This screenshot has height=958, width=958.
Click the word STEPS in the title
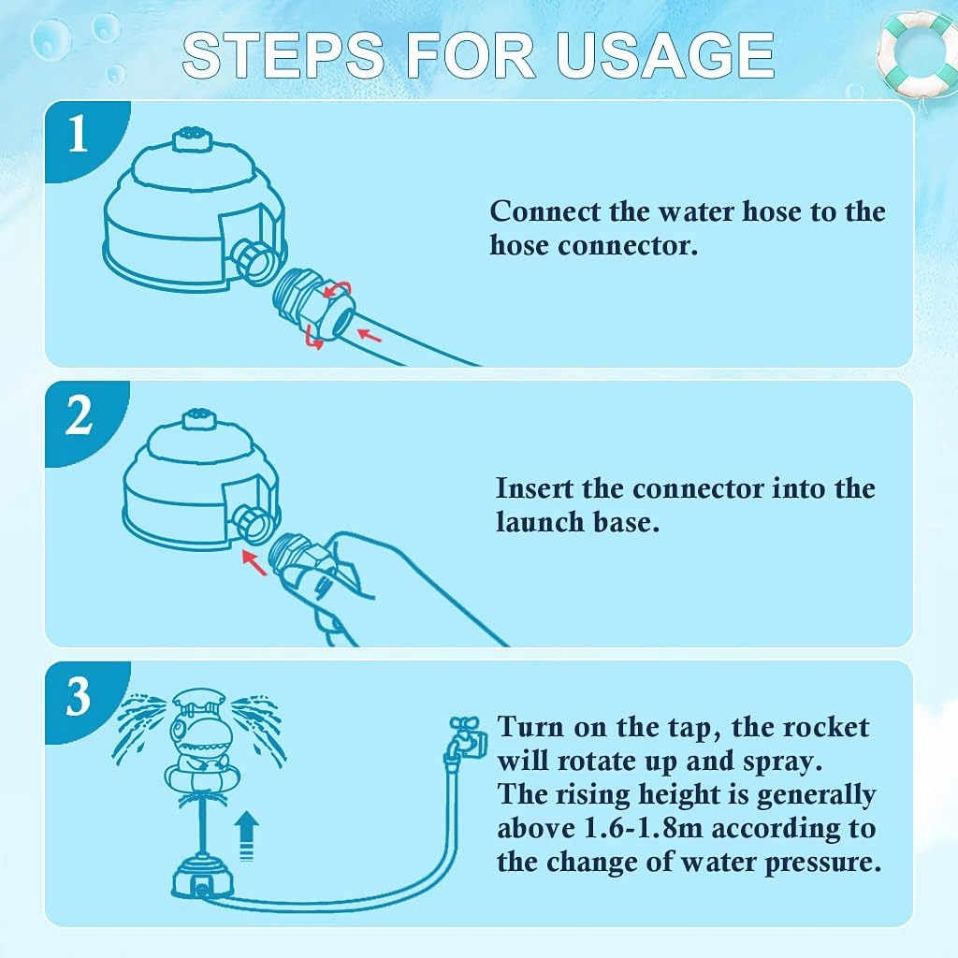tap(283, 55)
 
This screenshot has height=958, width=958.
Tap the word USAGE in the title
tap(665, 55)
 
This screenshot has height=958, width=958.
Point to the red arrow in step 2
tap(254, 562)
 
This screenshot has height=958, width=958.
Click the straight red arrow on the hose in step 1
tap(369, 336)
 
